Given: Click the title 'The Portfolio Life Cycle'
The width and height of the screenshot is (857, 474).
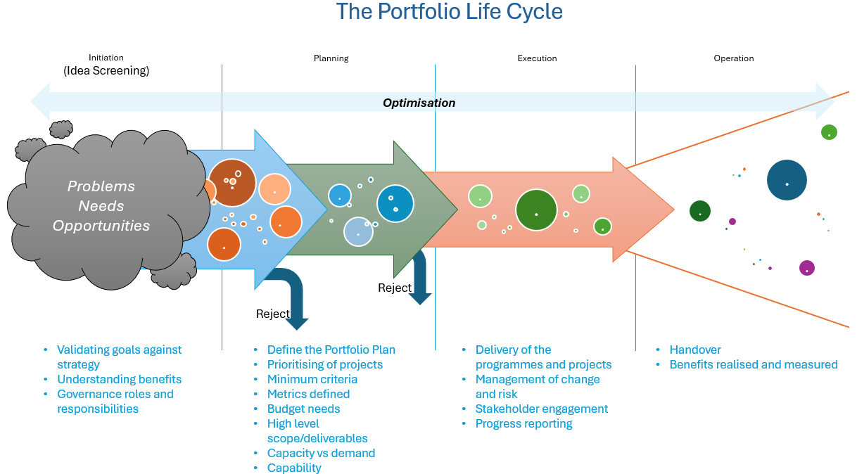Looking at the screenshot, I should (x=449, y=12).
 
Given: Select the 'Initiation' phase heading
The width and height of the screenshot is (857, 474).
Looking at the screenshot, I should (x=106, y=58).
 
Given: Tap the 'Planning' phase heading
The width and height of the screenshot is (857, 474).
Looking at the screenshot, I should (x=331, y=58).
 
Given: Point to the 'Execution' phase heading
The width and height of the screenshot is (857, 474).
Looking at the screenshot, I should (x=537, y=58).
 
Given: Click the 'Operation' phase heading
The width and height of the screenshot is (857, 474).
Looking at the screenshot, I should (x=733, y=58).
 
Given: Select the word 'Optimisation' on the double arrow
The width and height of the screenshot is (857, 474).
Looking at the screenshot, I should (x=419, y=103).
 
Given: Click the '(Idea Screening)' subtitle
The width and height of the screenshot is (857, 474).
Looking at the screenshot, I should (x=106, y=71).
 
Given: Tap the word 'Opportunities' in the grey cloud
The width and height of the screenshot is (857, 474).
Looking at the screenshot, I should (x=101, y=226).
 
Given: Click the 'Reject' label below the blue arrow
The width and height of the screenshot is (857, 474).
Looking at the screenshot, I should (x=272, y=314).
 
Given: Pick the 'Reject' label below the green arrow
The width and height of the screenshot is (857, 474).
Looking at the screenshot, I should (x=394, y=288).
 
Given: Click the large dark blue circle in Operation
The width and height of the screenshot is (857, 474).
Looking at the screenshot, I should (x=787, y=181).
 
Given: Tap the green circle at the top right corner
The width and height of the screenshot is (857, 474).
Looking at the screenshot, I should (x=829, y=132).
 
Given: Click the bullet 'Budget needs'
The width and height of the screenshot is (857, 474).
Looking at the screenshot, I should (x=303, y=409).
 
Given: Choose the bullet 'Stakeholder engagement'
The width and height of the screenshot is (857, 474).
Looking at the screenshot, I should (x=541, y=409).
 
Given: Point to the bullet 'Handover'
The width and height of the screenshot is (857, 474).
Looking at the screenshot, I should (x=694, y=350).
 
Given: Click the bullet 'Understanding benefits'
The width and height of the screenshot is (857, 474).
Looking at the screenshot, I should (x=119, y=380).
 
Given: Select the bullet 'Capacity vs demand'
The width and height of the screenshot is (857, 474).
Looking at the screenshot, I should (x=321, y=454).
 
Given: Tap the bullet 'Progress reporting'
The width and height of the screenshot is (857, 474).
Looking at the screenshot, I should (x=523, y=424).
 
